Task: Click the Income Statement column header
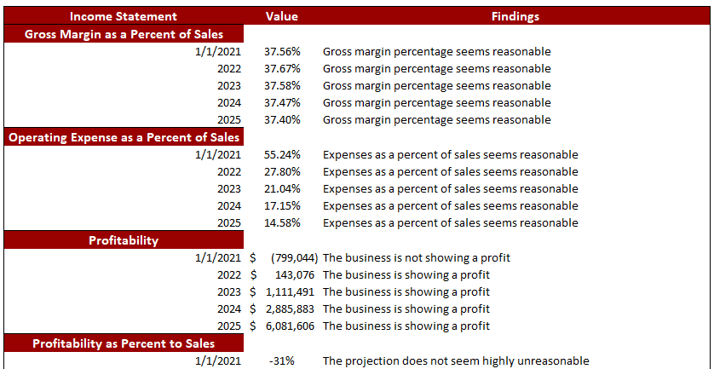click(x=123, y=16)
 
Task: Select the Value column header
click(x=282, y=16)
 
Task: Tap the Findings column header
click(x=515, y=16)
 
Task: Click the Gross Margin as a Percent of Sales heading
click(x=124, y=34)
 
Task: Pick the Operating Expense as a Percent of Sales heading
click(x=124, y=137)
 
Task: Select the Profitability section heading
click(x=124, y=240)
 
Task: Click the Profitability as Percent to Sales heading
click(x=124, y=343)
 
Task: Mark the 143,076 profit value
click(x=294, y=274)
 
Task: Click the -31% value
click(x=282, y=360)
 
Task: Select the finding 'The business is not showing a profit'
click(x=416, y=257)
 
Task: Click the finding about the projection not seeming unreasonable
click(x=455, y=360)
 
